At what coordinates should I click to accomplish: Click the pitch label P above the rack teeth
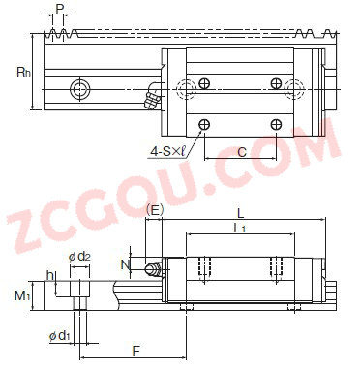point(59,9)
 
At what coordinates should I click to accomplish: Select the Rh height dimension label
point(24,72)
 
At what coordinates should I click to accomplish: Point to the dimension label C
point(241,151)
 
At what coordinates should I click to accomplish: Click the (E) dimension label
point(155,210)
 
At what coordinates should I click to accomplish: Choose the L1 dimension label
point(239,229)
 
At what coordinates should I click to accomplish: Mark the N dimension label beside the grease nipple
point(125,265)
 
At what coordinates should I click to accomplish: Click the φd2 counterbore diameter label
point(79,257)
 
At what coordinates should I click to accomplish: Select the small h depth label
point(50,275)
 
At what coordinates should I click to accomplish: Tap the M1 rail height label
point(22,295)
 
